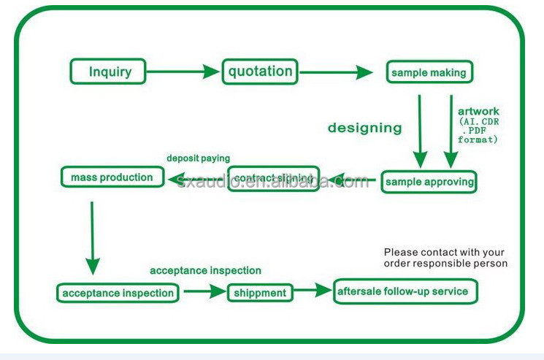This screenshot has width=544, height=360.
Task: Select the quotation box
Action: click(x=260, y=72)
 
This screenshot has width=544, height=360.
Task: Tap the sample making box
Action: click(x=429, y=73)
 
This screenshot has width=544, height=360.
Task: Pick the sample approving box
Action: click(x=429, y=182)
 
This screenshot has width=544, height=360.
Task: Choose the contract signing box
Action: click(x=273, y=177)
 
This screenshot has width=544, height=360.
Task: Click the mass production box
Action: click(x=112, y=177)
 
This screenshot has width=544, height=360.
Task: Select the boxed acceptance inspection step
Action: click(x=118, y=293)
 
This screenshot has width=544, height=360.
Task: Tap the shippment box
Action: click(x=260, y=293)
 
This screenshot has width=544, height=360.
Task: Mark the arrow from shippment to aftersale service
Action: click(x=312, y=291)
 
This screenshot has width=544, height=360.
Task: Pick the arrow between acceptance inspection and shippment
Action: click(x=204, y=291)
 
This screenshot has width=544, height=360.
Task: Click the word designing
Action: click(x=364, y=128)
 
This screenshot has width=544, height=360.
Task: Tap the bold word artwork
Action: click(x=478, y=112)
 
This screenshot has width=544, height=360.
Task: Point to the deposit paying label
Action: click(x=198, y=158)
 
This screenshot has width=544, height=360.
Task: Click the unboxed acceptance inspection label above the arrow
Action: click(x=205, y=271)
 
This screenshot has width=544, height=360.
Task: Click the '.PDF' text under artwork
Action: click(x=479, y=130)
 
